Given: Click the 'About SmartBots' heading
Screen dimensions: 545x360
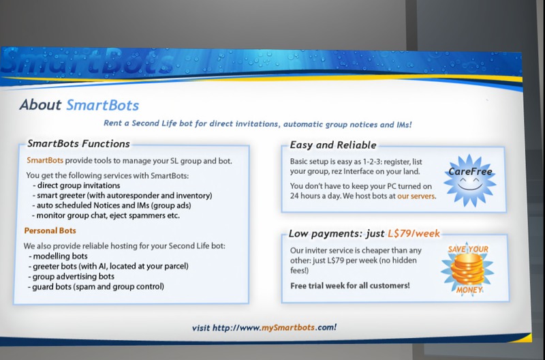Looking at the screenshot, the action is (79, 105).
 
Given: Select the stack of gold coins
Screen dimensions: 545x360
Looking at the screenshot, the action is (468, 269).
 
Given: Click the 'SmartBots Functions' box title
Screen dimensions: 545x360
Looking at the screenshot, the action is (78, 144).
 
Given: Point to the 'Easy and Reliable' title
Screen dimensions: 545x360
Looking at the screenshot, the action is (333, 145).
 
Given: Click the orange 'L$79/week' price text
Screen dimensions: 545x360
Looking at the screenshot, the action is (414, 233).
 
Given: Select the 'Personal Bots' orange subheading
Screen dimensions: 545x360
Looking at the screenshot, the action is (50, 230).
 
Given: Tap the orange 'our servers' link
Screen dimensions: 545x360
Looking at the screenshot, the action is (416, 196).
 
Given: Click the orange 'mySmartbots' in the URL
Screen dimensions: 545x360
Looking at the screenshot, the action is (288, 327).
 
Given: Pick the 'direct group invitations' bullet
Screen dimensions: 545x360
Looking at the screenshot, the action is (76, 185).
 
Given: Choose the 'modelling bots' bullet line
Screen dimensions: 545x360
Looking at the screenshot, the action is (58, 256).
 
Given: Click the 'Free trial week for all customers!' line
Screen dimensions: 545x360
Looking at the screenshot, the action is (350, 286).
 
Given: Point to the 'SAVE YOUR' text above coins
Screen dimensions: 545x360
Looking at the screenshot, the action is (468, 249).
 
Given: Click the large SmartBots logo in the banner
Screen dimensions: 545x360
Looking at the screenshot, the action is (87, 61).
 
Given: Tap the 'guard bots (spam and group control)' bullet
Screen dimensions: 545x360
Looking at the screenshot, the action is (96, 286).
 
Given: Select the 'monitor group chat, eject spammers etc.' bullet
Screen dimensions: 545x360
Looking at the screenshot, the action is (106, 215).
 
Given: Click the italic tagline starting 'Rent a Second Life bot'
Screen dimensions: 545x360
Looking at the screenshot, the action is (258, 124).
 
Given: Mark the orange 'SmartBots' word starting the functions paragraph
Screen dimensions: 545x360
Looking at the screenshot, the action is (45, 160).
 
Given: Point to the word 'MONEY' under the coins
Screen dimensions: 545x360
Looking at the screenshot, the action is (469, 290).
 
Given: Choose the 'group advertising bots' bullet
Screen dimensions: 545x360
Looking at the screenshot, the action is (72, 277).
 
